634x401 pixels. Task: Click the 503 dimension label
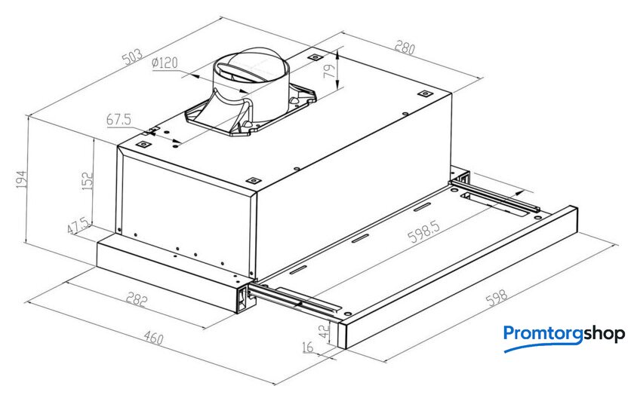(x=132, y=57)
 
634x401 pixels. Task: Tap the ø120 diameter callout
(x=165, y=63)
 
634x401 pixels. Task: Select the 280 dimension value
(x=405, y=47)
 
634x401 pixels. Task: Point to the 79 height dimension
(x=331, y=71)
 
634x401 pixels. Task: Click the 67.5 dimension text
(x=119, y=120)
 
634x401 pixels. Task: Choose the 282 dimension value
(x=137, y=300)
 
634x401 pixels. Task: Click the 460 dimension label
(x=153, y=338)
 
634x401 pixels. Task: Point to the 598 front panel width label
(x=496, y=298)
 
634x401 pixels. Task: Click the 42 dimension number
(x=325, y=331)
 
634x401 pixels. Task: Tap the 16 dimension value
(x=308, y=347)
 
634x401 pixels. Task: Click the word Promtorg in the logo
(x=543, y=334)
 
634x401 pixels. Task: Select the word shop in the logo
(x=605, y=335)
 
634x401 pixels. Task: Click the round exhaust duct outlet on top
(x=251, y=66)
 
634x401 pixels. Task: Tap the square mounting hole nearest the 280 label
(x=425, y=93)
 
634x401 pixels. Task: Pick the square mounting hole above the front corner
(x=253, y=180)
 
